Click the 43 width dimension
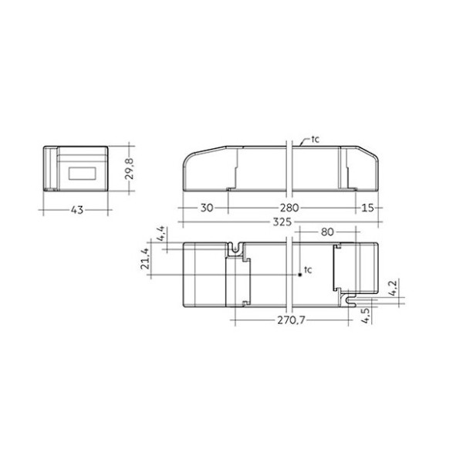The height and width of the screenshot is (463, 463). point(76,210)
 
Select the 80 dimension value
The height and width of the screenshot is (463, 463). point(326,231)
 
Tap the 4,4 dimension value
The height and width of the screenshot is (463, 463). point(161,235)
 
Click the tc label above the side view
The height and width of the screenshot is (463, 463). point(315,140)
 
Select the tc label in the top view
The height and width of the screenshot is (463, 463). point(307,269)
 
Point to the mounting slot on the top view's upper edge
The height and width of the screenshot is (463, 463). point(235,250)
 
